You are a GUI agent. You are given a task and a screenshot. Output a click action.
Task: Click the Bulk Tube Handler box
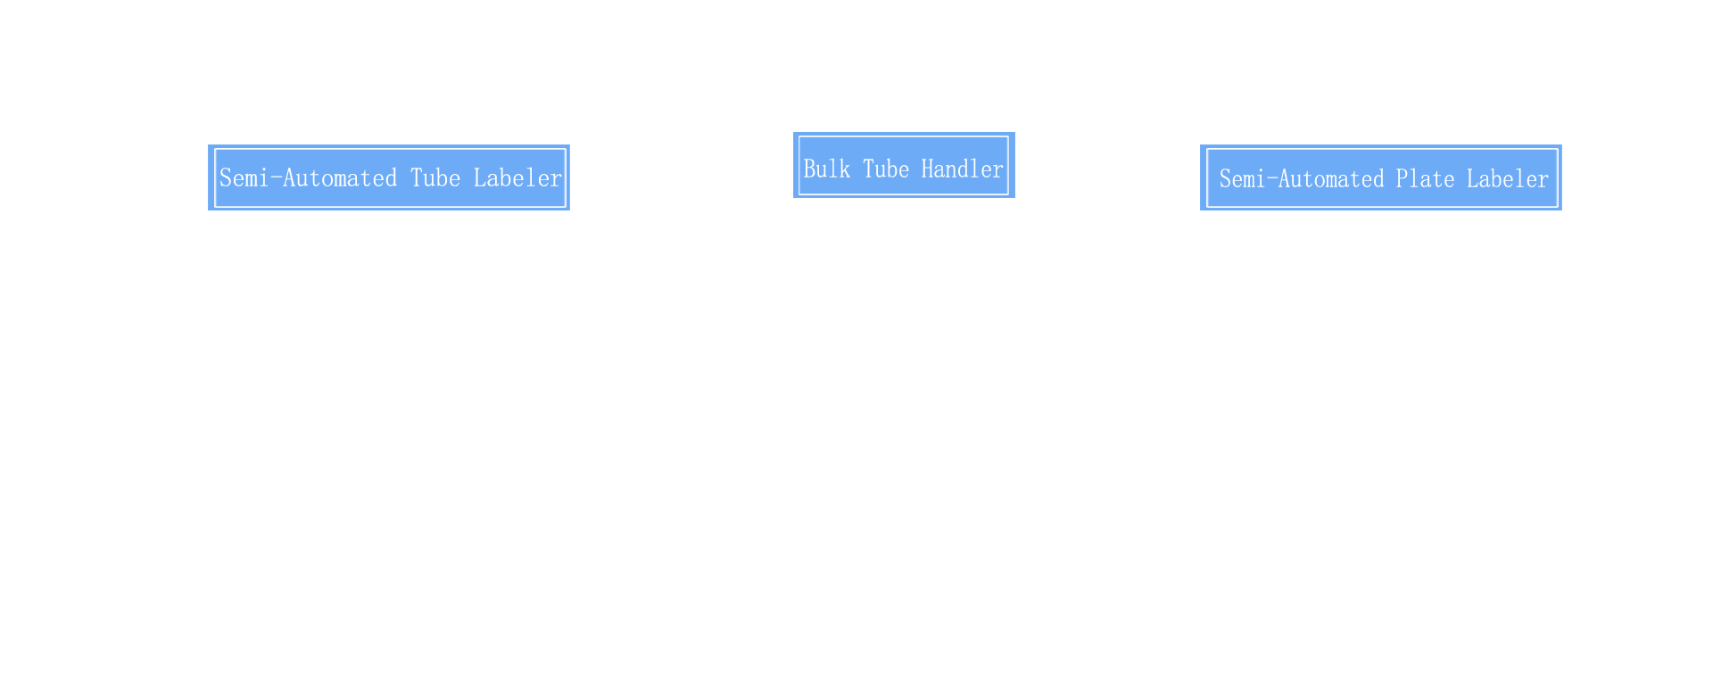(x=904, y=165)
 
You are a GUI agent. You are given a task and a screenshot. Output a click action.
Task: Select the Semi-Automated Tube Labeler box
(x=389, y=177)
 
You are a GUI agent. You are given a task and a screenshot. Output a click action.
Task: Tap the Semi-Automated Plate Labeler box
(x=1381, y=177)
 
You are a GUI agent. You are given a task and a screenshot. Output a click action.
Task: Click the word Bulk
(x=827, y=169)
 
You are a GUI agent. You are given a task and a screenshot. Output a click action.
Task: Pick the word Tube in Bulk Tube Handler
(x=886, y=169)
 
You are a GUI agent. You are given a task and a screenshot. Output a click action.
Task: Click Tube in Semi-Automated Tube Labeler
(x=435, y=177)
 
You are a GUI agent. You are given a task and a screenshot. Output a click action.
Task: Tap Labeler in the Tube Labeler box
(x=518, y=177)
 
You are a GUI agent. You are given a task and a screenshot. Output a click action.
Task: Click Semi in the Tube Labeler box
(x=244, y=177)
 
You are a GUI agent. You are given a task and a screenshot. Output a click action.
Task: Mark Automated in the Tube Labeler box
(x=340, y=177)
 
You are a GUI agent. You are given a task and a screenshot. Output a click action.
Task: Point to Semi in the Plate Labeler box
(x=1242, y=178)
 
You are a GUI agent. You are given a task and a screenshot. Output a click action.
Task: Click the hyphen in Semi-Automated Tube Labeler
(x=276, y=178)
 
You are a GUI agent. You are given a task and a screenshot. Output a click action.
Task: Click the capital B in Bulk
(x=809, y=169)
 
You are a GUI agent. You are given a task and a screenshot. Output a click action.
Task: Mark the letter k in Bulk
(x=845, y=169)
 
